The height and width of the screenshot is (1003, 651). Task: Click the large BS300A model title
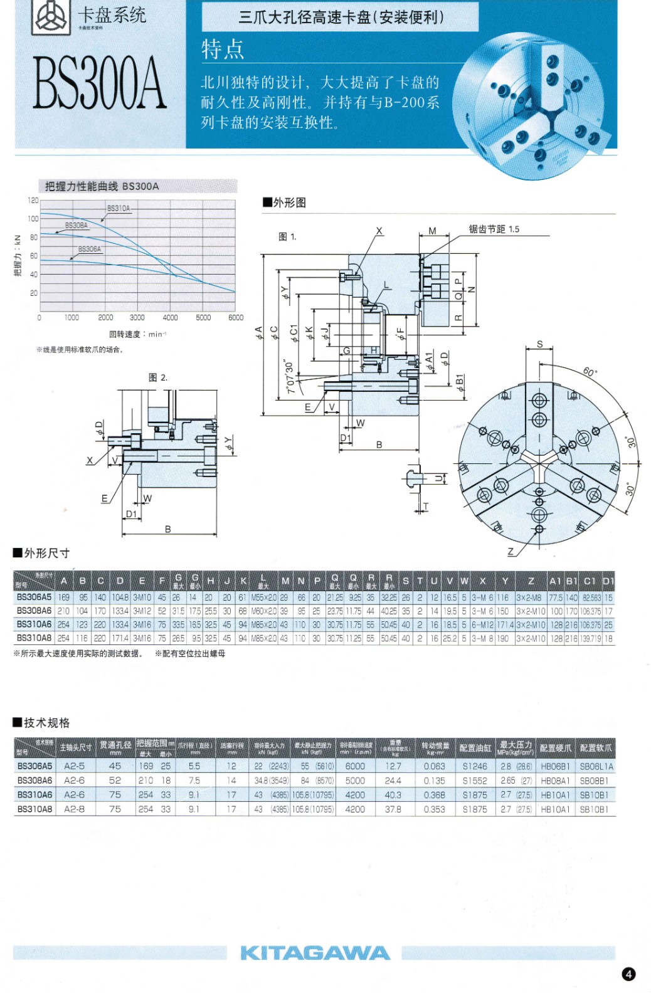point(99,83)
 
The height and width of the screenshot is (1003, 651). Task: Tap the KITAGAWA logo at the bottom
point(315,953)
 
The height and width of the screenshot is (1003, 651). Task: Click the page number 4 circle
point(628,974)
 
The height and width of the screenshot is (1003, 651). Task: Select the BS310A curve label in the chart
point(119,208)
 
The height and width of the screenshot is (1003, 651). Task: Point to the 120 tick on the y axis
point(33,201)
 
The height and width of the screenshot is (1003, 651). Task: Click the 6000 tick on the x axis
point(236,318)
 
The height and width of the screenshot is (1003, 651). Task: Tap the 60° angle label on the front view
point(590,372)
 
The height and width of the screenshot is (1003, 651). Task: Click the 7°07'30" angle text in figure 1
point(289,377)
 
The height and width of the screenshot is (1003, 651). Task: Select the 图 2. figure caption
point(157,377)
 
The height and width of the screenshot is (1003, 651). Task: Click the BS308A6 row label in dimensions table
point(34,611)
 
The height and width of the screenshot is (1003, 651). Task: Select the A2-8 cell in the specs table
point(74,809)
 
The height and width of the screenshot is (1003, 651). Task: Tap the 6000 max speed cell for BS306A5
point(355,766)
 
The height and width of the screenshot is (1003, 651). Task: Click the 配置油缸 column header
point(475,748)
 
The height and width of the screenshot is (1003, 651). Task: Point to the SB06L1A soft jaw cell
point(596,766)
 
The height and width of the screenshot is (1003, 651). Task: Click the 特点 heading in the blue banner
point(223,49)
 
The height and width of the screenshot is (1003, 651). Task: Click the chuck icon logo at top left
point(51,16)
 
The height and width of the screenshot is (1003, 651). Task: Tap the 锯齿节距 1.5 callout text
point(494,229)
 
